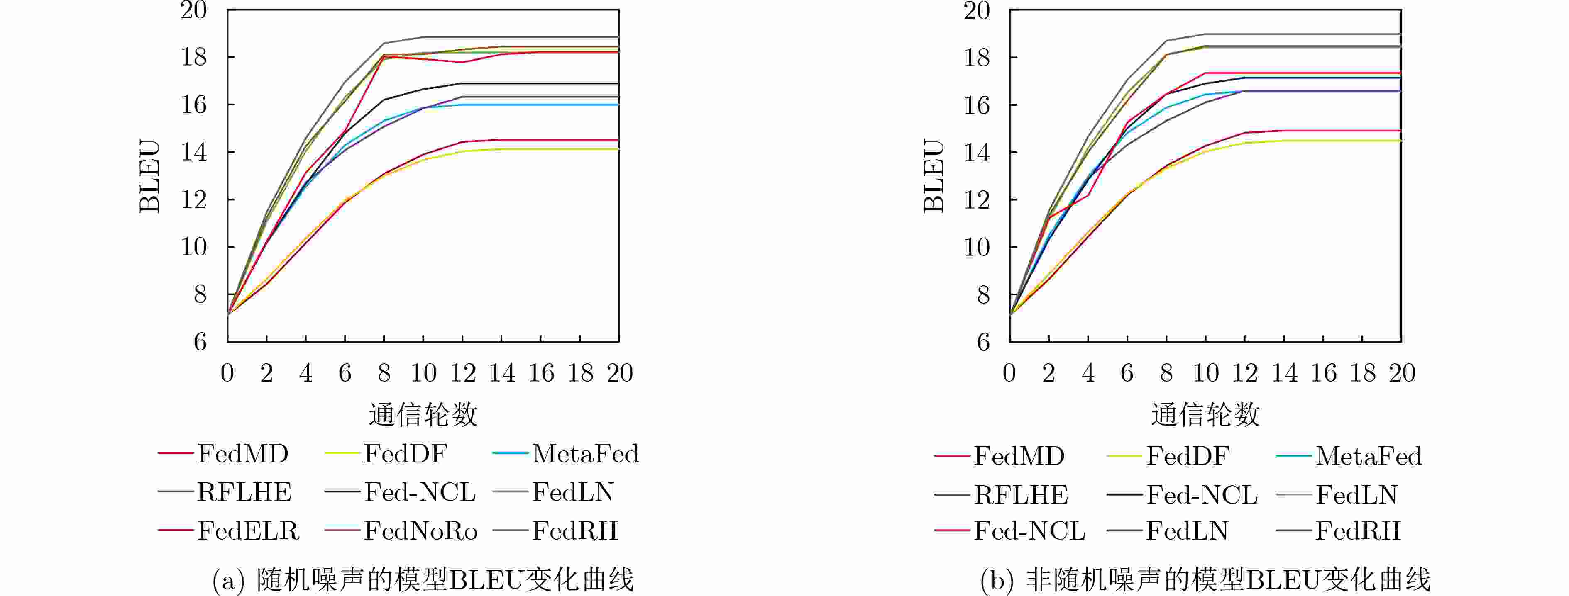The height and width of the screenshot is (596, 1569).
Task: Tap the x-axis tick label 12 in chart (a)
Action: pyautogui.click(x=463, y=372)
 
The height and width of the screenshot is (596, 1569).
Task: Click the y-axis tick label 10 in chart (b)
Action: pyautogui.click(x=976, y=247)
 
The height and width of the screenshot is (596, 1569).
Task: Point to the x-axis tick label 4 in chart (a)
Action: pyautogui.click(x=306, y=372)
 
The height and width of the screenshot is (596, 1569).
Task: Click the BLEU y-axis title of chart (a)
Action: pyautogui.click(x=150, y=177)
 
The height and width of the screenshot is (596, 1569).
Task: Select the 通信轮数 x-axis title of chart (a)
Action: pyautogui.click(x=423, y=415)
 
